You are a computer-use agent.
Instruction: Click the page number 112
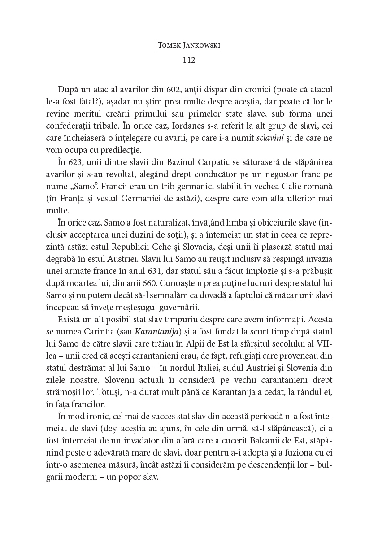(189, 60)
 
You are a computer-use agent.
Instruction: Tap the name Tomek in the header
(170, 46)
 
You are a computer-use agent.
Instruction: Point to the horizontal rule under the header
(189, 52)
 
